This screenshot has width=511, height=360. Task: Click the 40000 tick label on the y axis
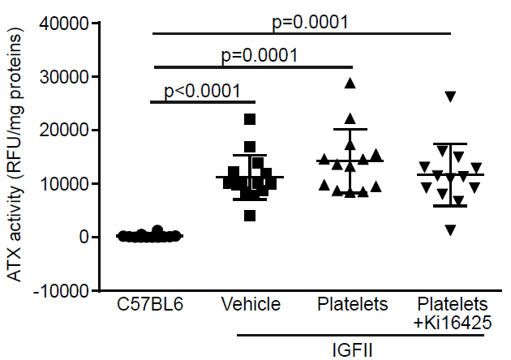(66, 24)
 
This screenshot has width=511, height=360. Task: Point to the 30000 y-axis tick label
(66, 77)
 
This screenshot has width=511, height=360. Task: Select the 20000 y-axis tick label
(66, 131)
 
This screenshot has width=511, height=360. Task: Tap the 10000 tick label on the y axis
(66, 184)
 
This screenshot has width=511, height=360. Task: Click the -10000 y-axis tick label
(62, 290)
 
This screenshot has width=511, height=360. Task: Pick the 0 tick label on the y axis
(83, 237)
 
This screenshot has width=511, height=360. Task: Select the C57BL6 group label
(150, 305)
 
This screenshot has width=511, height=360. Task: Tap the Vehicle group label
(251, 305)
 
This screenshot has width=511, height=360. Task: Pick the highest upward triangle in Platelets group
(350, 83)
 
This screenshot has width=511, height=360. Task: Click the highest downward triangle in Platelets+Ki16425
(450, 97)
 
